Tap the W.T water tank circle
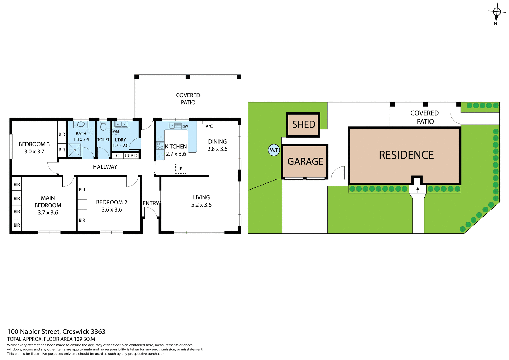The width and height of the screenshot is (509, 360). [x=274, y=150]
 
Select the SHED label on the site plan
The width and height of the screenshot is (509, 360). [x=304, y=124]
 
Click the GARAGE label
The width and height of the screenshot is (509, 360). [x=305, y=161]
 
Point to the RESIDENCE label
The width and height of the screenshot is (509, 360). [x=406, y=155]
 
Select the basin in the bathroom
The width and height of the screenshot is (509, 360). [x=81, y=124]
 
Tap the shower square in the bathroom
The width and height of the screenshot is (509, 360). [x=75, y=150]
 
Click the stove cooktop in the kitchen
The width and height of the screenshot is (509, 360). [x=160, y=145]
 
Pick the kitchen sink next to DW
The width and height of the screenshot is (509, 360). [x=175, y=126]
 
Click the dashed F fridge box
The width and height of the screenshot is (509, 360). [x=181, y=169]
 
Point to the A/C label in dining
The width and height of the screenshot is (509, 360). [x=209, y=126]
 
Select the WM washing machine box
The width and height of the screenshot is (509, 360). [x=116, y=131]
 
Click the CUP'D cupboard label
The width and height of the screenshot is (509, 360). [x=131, y=156]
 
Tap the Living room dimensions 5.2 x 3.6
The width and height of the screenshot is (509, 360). [x=201, y=205]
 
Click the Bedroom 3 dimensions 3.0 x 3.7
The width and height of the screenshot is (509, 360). [x=34, y=152]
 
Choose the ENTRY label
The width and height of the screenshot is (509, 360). [x=151, y=203]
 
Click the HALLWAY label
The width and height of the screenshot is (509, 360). [x=105, y=167]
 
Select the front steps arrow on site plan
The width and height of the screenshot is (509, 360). [x=418, y=189]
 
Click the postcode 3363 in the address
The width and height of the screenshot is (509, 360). [x=98, y=332]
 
